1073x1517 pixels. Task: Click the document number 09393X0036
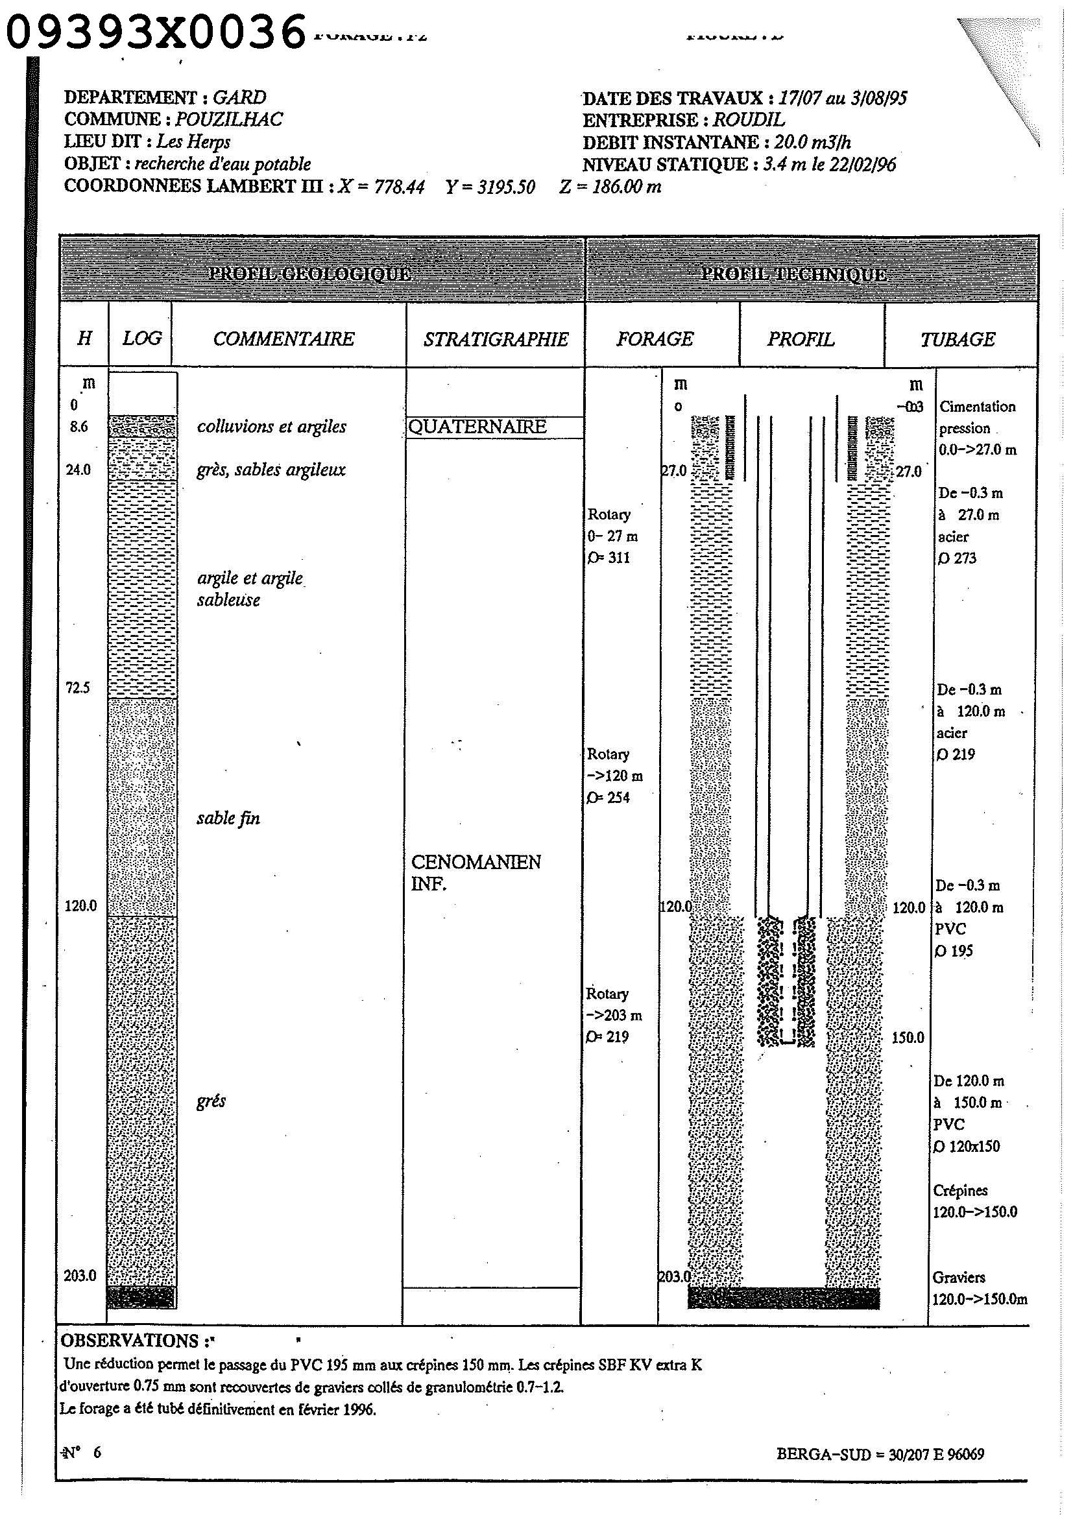pyautogui.click(x=156, y=32)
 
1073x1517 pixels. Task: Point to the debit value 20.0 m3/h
pyautogui.click(x=813, y=142)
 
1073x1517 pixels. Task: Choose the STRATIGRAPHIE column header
pyautogui.click(x=496, y=339)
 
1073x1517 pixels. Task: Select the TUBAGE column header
pyautogui.click(x=958, y=339)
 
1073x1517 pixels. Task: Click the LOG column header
pyautogui.click(x=141, y=339)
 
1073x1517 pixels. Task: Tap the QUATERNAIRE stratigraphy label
pyautogui.click(x=477, y=427)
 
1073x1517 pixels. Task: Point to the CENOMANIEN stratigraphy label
pyautogui.click(x=476, y=861)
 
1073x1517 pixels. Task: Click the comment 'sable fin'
pyautogui.click(x=228, y=818)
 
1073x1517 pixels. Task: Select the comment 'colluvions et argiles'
pyautogui.click(x=272, y=427)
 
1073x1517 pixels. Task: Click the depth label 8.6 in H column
pyautogui.click(x=78, y=427)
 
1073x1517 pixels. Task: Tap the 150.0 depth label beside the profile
pyautogui.click(x=907, y=1037)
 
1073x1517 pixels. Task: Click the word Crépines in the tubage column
pyautogui.click(x=960, y=1190)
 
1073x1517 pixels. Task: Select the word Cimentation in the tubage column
pyautogui.click(x=977, y=407)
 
